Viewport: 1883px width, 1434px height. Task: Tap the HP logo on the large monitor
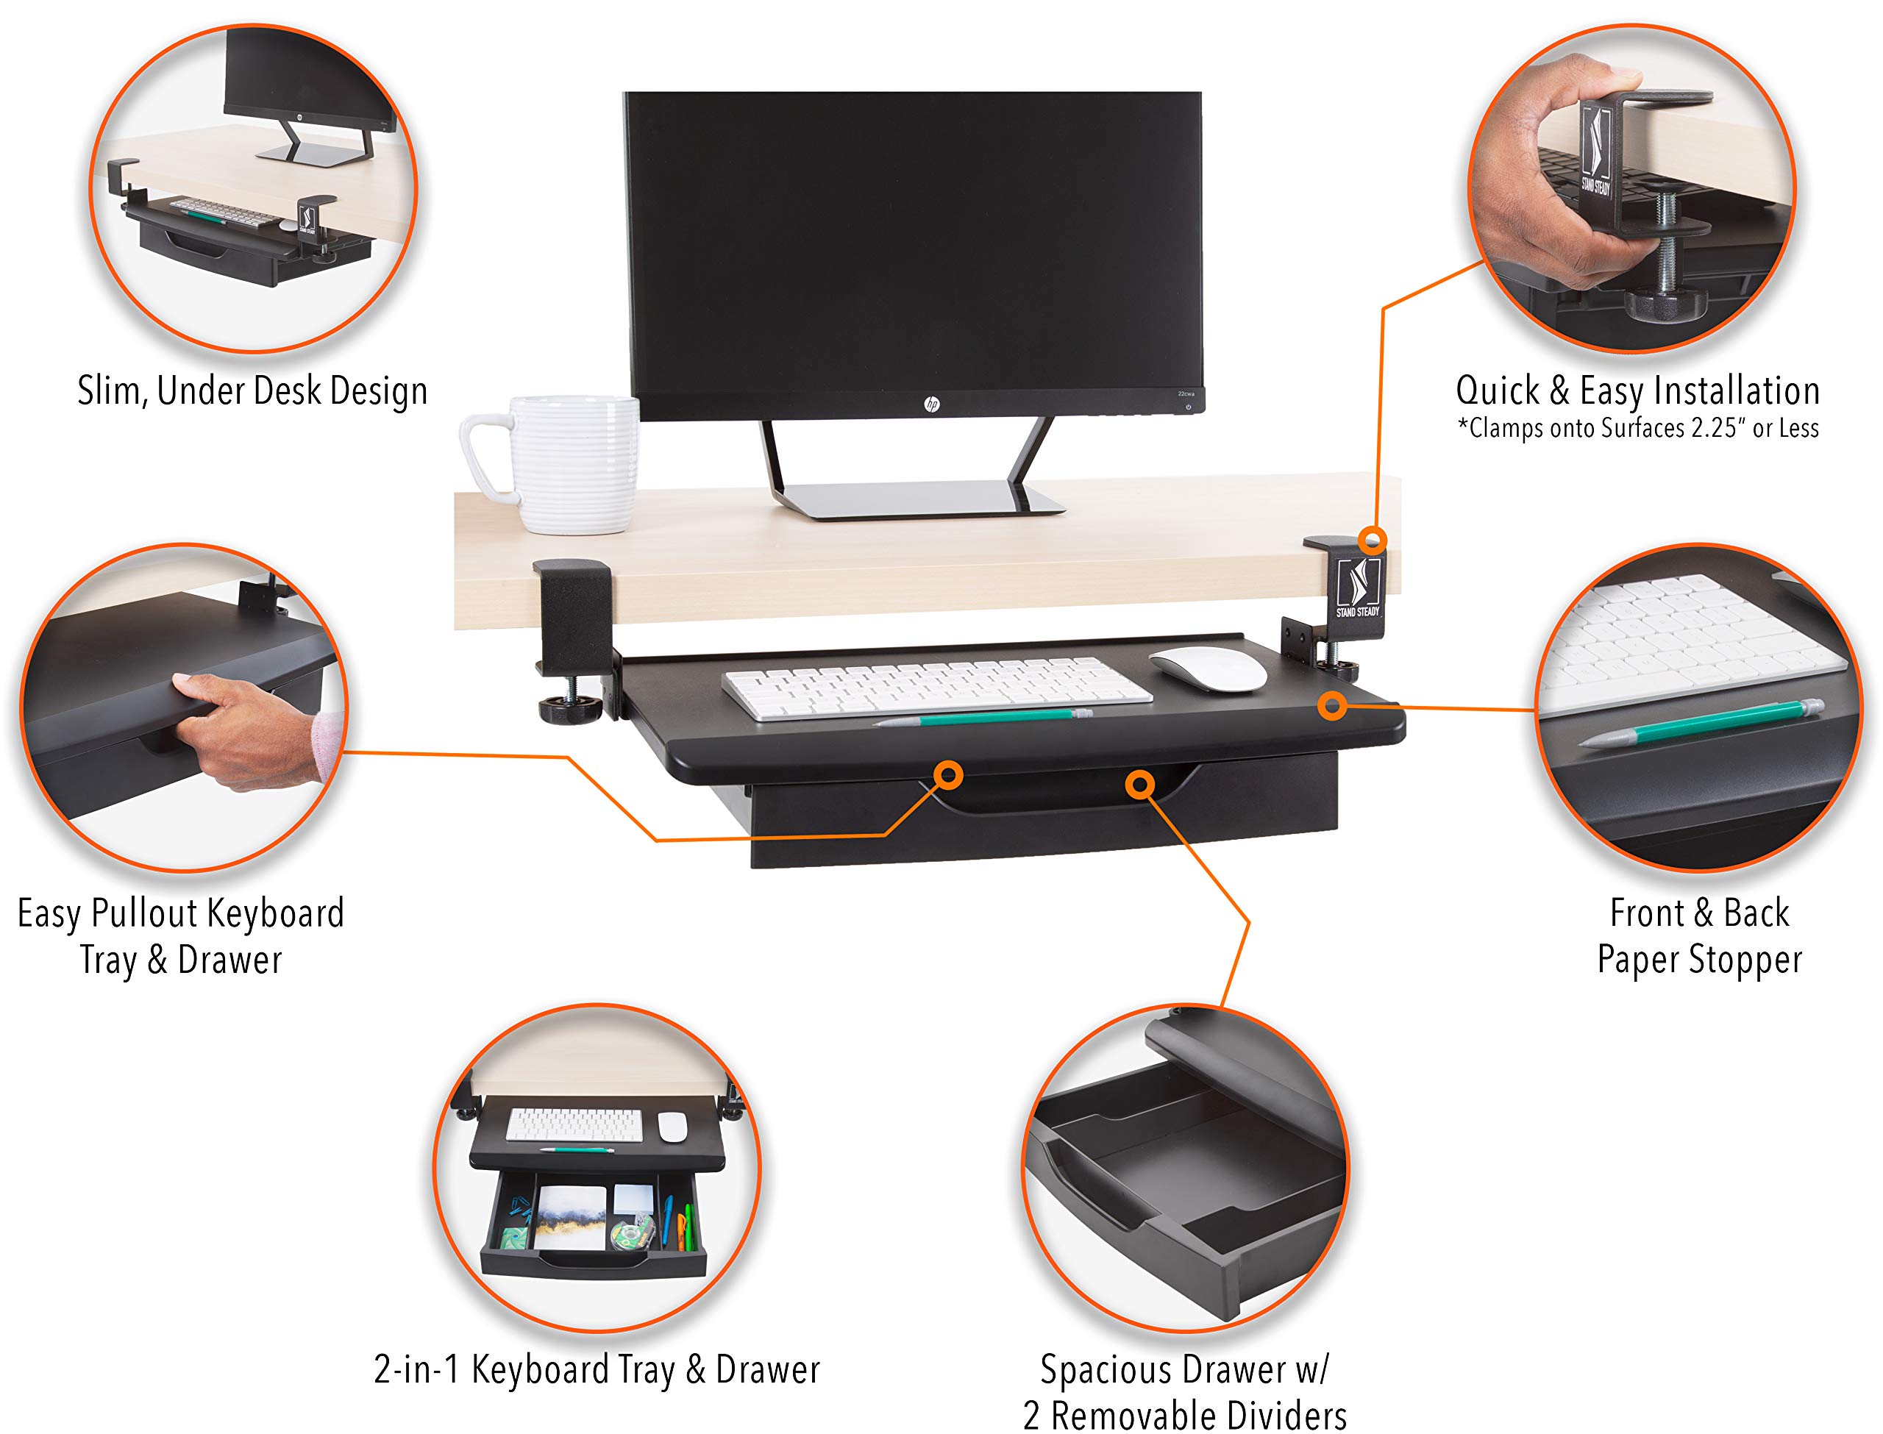(931, 404)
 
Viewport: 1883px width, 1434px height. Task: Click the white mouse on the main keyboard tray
(1208, 668)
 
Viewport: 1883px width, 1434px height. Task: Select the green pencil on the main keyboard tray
(982, 717)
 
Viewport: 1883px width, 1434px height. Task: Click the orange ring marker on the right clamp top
(1373, 540)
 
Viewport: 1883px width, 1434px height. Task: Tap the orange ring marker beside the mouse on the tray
(1331, 705)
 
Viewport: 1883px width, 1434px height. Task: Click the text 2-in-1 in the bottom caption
(416, 1370)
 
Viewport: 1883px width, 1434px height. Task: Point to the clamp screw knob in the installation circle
(1665, 302)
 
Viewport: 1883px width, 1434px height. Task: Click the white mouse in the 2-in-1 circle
(672, 1127)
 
